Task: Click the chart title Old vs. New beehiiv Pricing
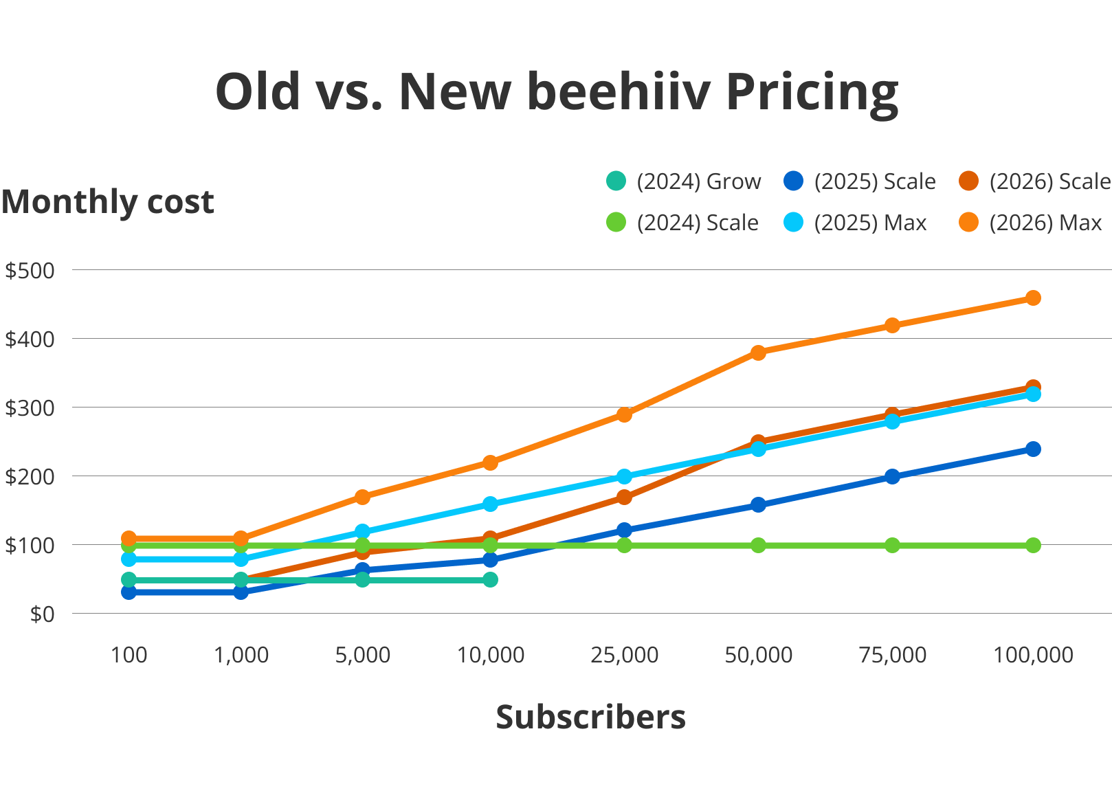click(x=556, y=91)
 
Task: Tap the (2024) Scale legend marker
click(x=616, y=223)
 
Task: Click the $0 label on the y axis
click(x=41, y=614)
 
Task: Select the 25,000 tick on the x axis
click(x=624, y=655)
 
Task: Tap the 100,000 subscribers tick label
click(x=1033, y=655)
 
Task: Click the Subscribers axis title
click(x=590, y=717)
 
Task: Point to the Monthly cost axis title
click(x=107, y=202)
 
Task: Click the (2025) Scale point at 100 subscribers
click(x=129, y=592)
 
